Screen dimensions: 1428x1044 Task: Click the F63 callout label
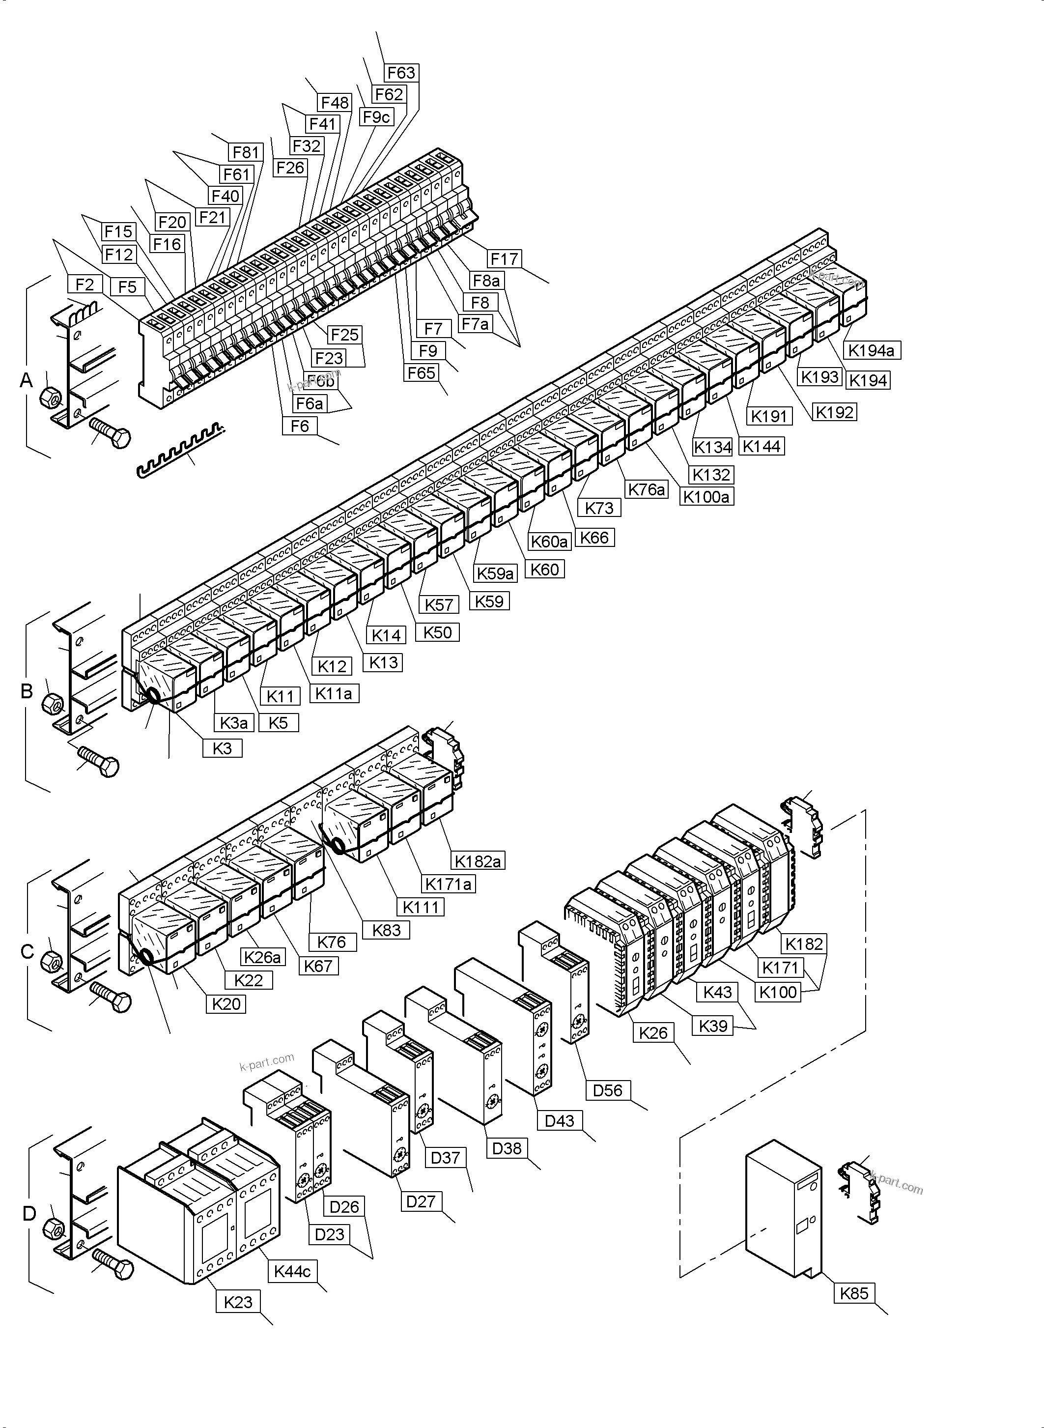401,73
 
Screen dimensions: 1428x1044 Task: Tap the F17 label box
504,258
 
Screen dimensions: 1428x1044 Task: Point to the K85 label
854,1293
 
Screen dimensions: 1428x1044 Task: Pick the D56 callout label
607,1090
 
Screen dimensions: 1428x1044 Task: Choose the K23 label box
238,1302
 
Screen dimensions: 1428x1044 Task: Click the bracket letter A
27,380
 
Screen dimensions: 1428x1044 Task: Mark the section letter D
29,1213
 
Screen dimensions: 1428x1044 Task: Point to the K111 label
421,907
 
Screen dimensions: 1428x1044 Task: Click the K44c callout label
292,1271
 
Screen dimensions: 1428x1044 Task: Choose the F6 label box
300,426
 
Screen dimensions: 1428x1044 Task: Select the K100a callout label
706,497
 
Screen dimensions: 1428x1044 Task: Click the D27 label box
421,1201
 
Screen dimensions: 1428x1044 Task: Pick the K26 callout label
653,1033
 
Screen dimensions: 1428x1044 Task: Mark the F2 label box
85,285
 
